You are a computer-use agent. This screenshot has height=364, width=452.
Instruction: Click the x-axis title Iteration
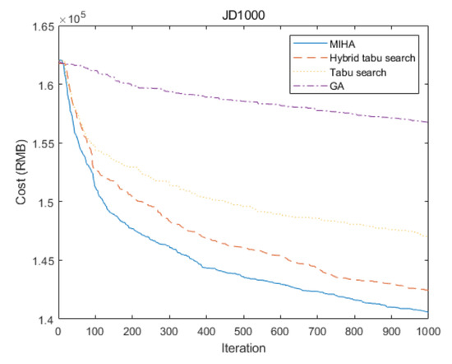(x=242, y=349)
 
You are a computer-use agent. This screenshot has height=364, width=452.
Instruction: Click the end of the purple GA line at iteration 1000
(x=427, y=122)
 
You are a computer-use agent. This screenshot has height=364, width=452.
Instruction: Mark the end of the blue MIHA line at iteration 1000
(x=427, y=312)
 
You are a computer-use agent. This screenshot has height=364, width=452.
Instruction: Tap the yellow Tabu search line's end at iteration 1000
(x=427, y=237)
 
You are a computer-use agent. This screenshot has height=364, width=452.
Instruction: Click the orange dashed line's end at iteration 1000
(x=427, y=291)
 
